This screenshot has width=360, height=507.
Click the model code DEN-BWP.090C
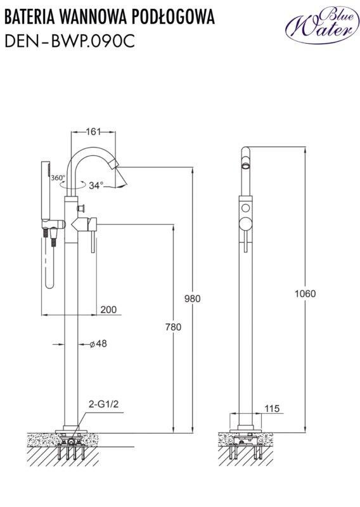point(70,41)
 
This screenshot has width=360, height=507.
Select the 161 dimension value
point(93,132)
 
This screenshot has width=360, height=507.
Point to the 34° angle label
point(96,186)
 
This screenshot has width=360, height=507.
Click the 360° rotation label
point(58,177)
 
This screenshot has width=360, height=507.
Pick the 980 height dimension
point(193,298)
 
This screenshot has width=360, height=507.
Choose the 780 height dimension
point(174,327)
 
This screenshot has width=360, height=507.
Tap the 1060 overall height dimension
point(305,293)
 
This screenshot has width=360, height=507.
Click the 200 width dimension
point(108,309)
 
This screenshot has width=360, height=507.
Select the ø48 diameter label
point(98,343)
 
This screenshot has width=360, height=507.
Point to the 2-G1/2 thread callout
point(103,404)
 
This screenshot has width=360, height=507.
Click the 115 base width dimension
point(272,408)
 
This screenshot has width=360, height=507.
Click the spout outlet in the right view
point(246,167)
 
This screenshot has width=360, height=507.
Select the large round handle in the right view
point(245,224)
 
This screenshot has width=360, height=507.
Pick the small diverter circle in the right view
point(246,208)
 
